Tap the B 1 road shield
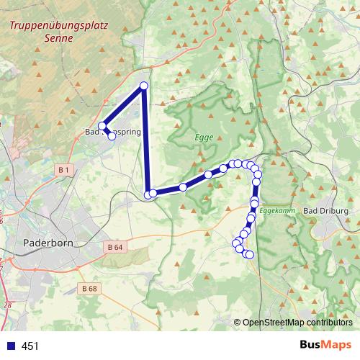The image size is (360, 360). click(x=65, y=169)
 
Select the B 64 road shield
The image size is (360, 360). click(x=114, y=248)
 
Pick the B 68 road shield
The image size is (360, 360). click(x=89, y=289)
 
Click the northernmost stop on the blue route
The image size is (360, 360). click(x=143, y=86)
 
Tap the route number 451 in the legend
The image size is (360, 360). click(x=30, y=346)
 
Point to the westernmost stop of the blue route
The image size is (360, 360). click(x=102, y=126)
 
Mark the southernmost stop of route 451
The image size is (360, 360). click(x=250, y=255)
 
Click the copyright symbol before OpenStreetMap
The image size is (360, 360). click(x=237, y=322)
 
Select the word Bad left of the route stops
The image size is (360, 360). click(x=91, y=132)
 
